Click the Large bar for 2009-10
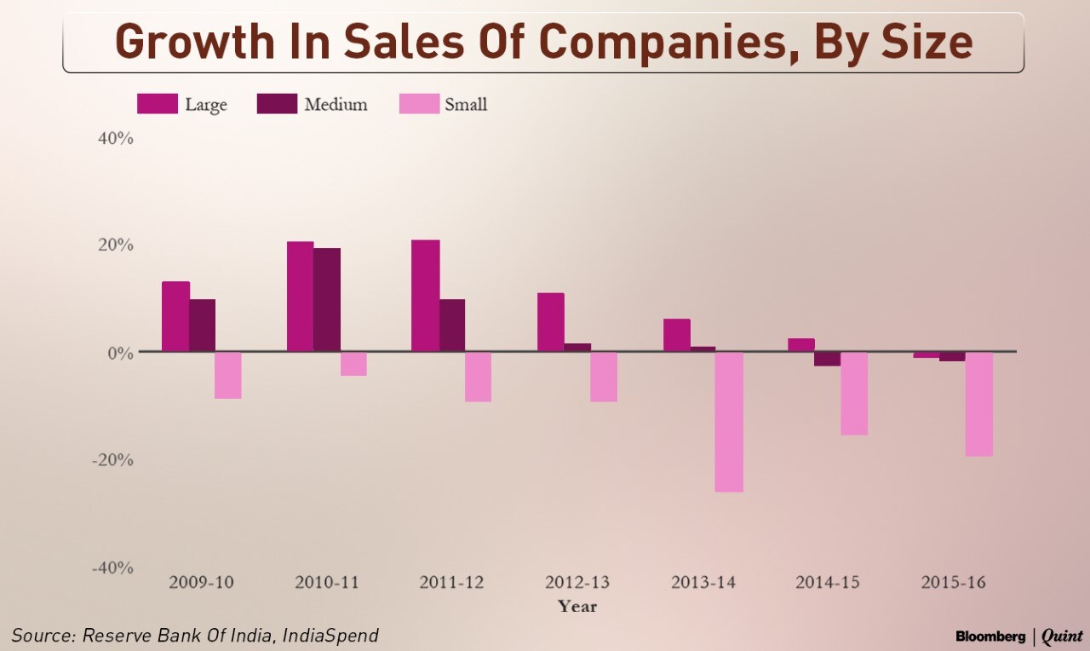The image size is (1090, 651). pos(175,316)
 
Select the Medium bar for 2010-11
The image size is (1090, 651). pos(326,299)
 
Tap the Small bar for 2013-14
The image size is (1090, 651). pos(729,422)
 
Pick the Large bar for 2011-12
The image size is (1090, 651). pos(426,295)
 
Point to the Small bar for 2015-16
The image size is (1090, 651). pos(978,404)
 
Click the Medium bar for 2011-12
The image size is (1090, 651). pos(451,325)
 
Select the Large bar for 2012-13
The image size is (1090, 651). pos(550,322)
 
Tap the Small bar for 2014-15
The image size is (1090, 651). pos(853,394)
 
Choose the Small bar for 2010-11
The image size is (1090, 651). pos(353,364)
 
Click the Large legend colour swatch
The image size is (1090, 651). pos(157,104)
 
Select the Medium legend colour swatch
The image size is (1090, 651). pos(276,104)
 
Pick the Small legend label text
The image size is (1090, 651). pos(465,105)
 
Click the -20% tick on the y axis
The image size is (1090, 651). pos(112,459)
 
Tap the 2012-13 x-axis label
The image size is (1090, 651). pos(577,583)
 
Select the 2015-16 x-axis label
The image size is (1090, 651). pos(954,583)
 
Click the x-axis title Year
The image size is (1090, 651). pos(577,607)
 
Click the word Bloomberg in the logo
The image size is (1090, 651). pos(990,636)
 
